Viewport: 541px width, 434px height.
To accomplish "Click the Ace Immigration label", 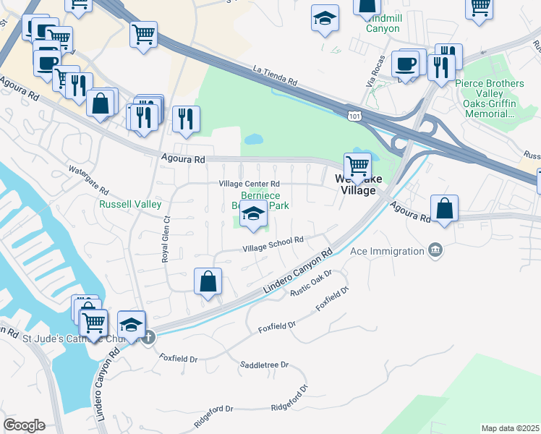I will pos(386,251).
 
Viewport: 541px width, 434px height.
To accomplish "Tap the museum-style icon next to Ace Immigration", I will pos(435,250).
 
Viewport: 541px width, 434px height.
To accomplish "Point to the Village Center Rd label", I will pos(250,184).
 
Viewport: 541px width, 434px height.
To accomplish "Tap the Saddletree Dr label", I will pos(264,365).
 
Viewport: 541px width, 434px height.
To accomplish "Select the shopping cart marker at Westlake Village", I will pos(357,166).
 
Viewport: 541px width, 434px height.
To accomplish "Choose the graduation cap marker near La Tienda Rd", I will pos(325,17).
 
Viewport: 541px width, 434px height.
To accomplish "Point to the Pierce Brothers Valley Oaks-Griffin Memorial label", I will pos(490,99).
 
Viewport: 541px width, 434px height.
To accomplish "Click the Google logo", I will pos(24,425).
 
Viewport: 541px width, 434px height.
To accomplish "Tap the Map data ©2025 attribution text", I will pos(510,428).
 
